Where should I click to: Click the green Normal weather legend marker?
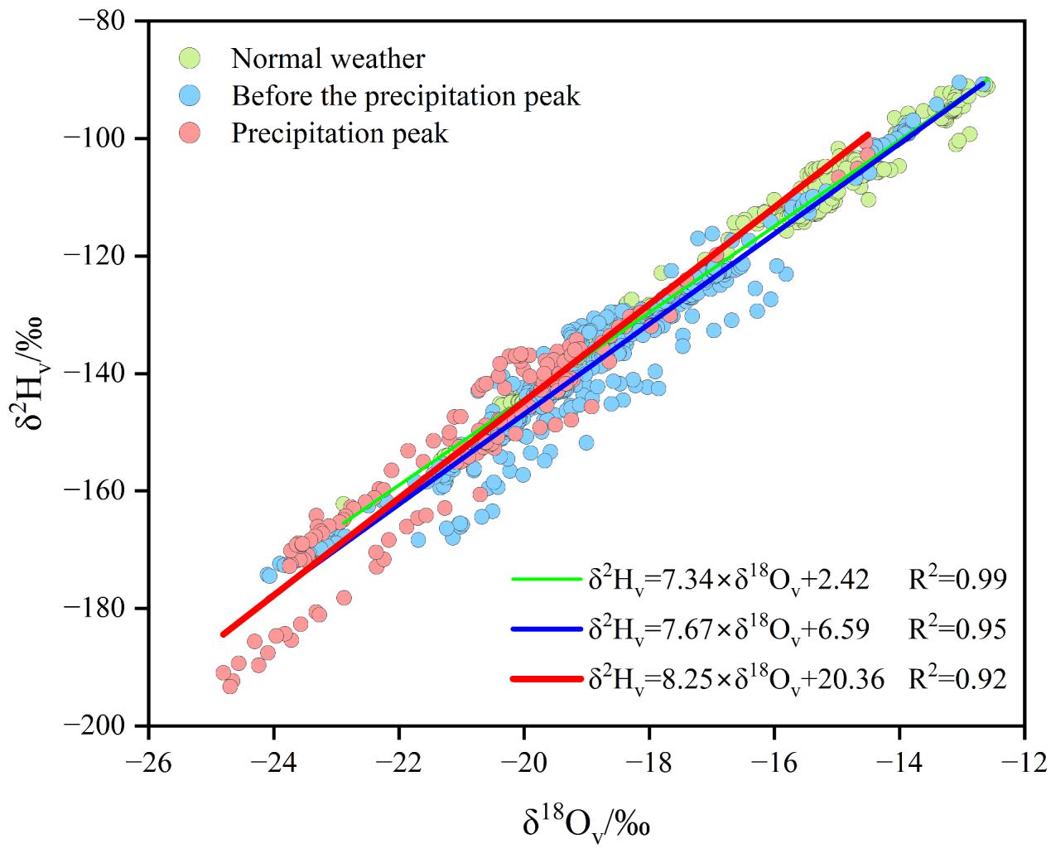point(190,58)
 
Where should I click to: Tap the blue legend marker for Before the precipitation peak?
point(190,95)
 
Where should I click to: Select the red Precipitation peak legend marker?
point(190,133)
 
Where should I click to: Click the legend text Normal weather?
point(328,59)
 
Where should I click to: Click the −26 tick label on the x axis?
point(148,762)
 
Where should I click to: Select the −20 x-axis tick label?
point(523,762)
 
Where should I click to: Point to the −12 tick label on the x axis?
point(1024,762)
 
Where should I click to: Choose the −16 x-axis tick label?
point(774,762)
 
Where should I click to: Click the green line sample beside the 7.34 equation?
point(546,580)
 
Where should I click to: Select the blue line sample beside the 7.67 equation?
point(546,629)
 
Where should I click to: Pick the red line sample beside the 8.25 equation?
point(546,679)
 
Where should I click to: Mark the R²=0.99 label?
point(957,579)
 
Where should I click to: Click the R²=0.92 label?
point(957,678)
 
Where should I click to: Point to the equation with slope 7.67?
point(729,629)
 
